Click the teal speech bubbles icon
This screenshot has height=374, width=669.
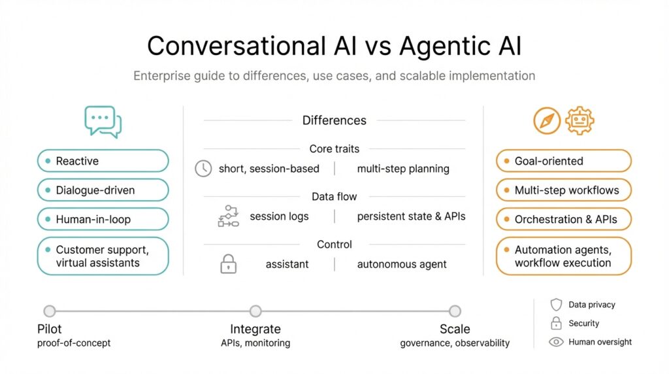pos(103,122)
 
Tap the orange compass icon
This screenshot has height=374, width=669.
pos(547,121)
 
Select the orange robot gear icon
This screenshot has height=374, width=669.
pos(579,121)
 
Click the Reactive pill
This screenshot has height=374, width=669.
pos(103,161)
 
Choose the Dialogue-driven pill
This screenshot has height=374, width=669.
pos(103,190)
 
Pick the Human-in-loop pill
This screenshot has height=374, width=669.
pos(103,220)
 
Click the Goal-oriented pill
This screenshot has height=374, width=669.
pos(564,161)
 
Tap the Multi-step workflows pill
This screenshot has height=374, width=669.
pos(564,190)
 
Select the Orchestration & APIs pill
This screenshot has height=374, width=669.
pos(564,220)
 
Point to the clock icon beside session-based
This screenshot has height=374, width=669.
pos(204,169)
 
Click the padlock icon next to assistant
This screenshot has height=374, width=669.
pos(227,264)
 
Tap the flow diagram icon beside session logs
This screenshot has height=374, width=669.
pos(228,216)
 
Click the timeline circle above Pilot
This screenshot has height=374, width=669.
pos(50,311)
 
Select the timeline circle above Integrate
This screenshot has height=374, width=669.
pos(255,311)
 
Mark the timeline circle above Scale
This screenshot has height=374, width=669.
pos(455,311)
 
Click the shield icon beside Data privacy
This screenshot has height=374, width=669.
pos(556,305)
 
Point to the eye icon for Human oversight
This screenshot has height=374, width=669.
pos(556,341)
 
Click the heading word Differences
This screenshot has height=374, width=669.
pos(334,120)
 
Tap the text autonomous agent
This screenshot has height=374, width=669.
pos(402,265)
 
